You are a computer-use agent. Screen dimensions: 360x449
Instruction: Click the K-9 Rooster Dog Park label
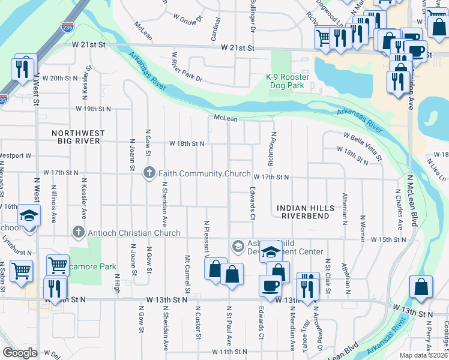(288, 82)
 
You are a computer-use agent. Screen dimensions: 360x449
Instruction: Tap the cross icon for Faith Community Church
(150, 173)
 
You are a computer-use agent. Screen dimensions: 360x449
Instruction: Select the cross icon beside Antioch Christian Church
(77, 232)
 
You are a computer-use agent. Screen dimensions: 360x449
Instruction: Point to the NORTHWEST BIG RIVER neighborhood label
(78, 137)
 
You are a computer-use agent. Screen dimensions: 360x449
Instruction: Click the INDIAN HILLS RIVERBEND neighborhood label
(306, 212)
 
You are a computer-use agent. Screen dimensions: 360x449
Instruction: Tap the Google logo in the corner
(20, 353)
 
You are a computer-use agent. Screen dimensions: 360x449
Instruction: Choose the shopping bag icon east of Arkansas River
(421, 287)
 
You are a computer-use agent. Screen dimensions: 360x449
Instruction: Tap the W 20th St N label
(60, 78)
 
